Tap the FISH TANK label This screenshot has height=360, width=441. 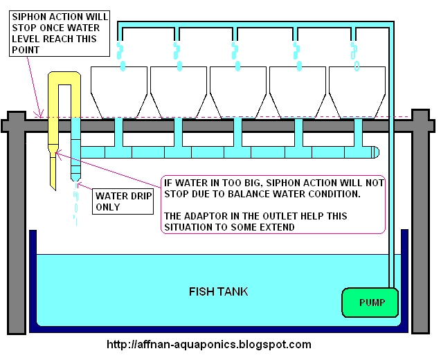tap(218, 291)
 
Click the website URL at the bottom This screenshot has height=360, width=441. tap(208, 344)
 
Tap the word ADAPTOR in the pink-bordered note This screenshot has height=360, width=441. tap(208, 217)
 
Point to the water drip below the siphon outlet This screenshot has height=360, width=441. tap(76, 204)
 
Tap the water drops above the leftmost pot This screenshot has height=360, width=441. tap(122, 55)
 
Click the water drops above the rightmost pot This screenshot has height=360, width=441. tap(354, 55)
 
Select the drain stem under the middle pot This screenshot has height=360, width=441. tap(237, 132)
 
